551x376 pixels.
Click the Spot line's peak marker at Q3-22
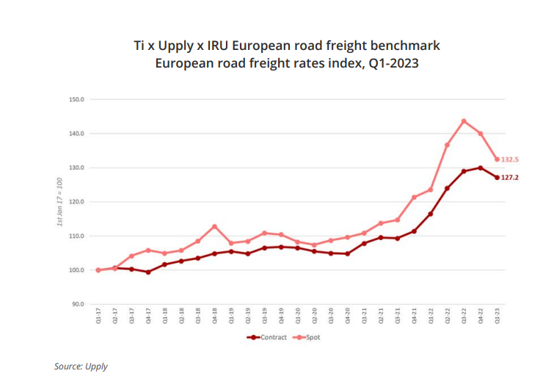point(464,121)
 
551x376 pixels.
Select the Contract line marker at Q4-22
point(481,168)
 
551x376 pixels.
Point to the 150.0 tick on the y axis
point(77,99)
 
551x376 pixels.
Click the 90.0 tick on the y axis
point(77,304)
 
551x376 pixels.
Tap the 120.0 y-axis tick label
point(77,202)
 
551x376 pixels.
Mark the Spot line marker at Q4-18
point(214,226)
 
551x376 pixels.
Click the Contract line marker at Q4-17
point(148,272)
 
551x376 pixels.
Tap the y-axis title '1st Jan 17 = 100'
point(60,201)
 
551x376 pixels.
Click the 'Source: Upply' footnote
point(81,366)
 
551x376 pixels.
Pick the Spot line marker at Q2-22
point(448,145)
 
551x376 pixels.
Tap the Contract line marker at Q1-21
point(365,243)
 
